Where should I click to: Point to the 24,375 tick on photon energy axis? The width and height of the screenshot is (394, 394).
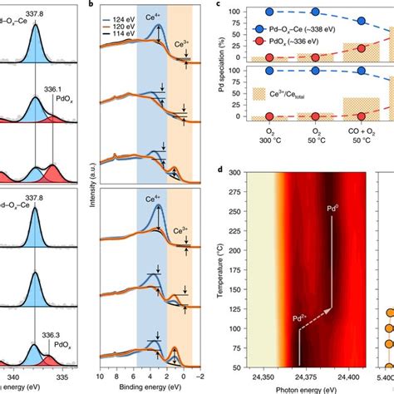[x=312, y=376]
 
